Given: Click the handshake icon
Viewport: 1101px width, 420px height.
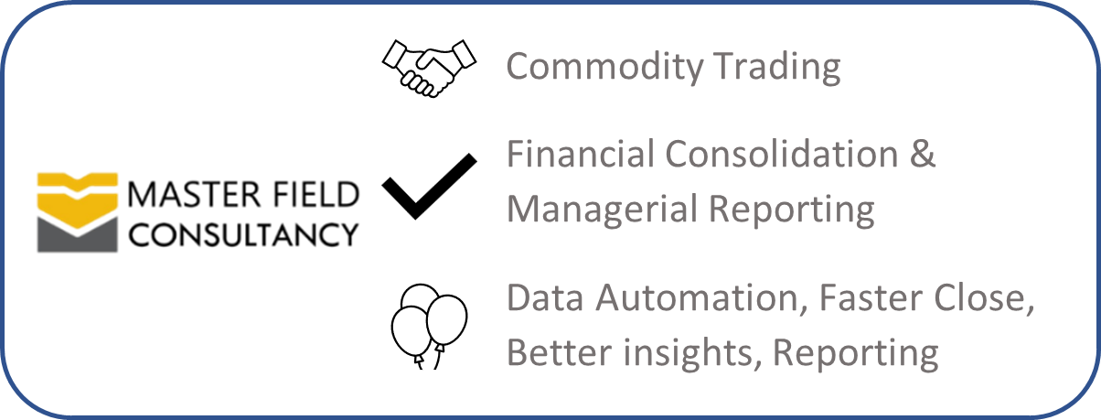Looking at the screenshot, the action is coord(429,69).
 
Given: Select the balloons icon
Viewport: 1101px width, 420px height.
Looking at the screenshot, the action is coord(429,326).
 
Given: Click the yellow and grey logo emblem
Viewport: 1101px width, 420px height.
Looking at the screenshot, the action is coord(78,212).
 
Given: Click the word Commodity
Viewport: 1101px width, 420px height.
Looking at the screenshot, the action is coord(605,68).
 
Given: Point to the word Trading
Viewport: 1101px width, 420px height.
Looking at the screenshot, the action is coord(777,68).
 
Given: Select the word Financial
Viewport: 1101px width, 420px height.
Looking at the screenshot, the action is coord(581,154).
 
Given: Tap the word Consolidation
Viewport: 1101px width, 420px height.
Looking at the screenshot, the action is coord(782,154).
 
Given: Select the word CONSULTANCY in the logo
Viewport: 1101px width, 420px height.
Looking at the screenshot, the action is coord(243,234).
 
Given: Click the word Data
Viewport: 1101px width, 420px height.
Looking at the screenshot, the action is coord(545,298).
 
